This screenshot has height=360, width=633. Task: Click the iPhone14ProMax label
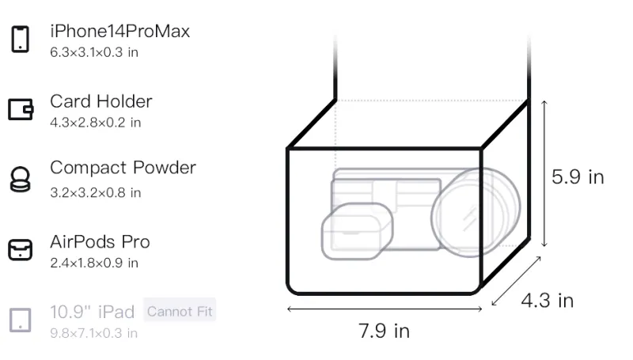[120, 32]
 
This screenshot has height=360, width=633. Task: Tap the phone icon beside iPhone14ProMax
[20, 39]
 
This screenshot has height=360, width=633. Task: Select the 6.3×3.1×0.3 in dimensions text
[94, 52]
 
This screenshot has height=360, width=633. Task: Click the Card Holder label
[101, 101]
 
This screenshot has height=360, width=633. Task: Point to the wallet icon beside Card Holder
[21, 109]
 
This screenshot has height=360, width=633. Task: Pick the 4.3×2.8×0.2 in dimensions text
[95, 123]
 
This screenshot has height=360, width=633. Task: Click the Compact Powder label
[123, 168]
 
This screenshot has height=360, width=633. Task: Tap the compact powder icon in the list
[20, 179]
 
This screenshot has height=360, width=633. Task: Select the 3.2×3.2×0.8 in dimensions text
[95, 193]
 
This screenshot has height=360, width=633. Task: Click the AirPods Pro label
[100, 242]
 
